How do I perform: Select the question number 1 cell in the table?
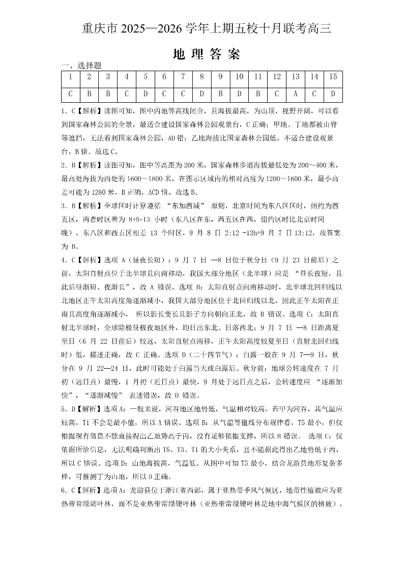pyautogui.click(x=70, y=77)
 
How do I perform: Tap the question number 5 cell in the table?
pyautogui.click(x=146, y=77)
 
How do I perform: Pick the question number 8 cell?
pyautogui.click(x=201, y=77)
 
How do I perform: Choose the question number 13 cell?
pyautogui.click(x=296, y=77)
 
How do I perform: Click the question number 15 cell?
pyautogui.click(x=333, y=77)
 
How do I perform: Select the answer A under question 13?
pyautogui.click(x=296, y=94)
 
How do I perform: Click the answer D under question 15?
pyautogui.click(x=333, y=94)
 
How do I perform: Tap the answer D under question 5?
pyautogui.click(x=146, y=94)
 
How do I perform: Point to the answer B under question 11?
pyautogui.click(x=258, y=94)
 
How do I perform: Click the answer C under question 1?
pyautogui.click(x=70, y=94)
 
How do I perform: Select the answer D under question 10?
pyautogui.click(x=239, y=94)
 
